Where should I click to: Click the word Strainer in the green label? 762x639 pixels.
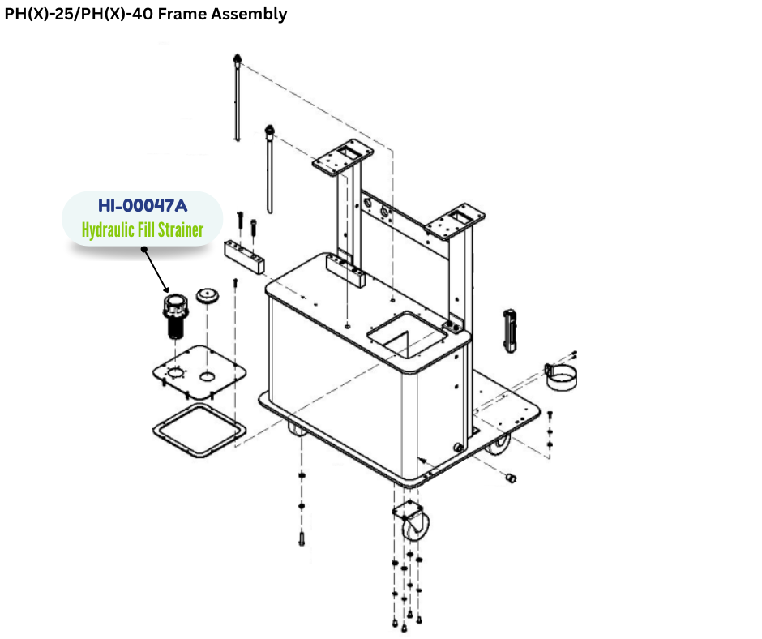[174, 230]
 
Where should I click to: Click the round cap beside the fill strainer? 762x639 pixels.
[209, 295]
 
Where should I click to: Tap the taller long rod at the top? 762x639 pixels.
[236, 97]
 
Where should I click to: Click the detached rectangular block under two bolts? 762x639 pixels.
[245, 258]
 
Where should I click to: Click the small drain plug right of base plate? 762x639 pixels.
[511, 479]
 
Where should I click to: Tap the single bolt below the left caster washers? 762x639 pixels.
[302, 538]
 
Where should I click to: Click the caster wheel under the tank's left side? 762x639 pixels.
[298, 430]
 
